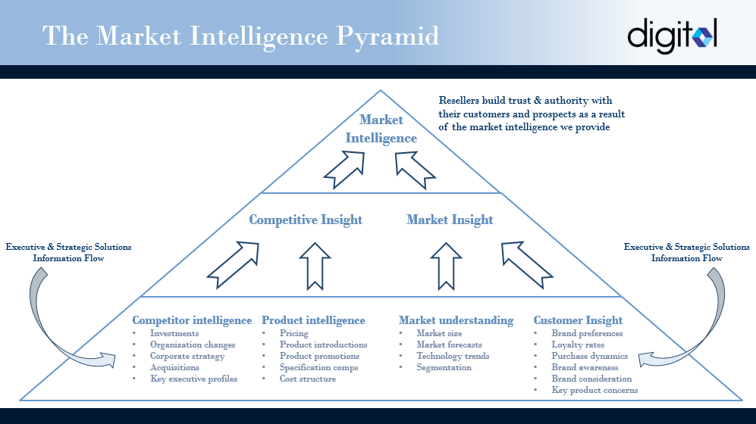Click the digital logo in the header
pyautogui.click(x=672, y=36)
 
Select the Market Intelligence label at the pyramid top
pyautogui.click(x=381, y=129)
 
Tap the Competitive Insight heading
pyautogui.click(x=306, y=220)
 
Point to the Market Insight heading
pyautogui.click(x=450, y=220)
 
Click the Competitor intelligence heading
pyautogui.click(x=192, y=320)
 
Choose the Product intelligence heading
pyautogui.click(x=313, y=320)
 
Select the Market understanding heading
pyautogui.click(x=456, y=320)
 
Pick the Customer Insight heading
pyautogui.click(x=578, y=320)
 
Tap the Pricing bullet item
pyautogui.click(x=293, y=333)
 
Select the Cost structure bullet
pyautogui.click(x=307, y=379)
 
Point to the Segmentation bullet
pyautogui.click(x=444, y=367)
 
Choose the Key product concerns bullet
pyautogui.click(x=594, y=390)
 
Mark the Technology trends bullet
pyautogui.click(x=453, y=356)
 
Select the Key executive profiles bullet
pyautogui.click(x=193, y=379)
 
